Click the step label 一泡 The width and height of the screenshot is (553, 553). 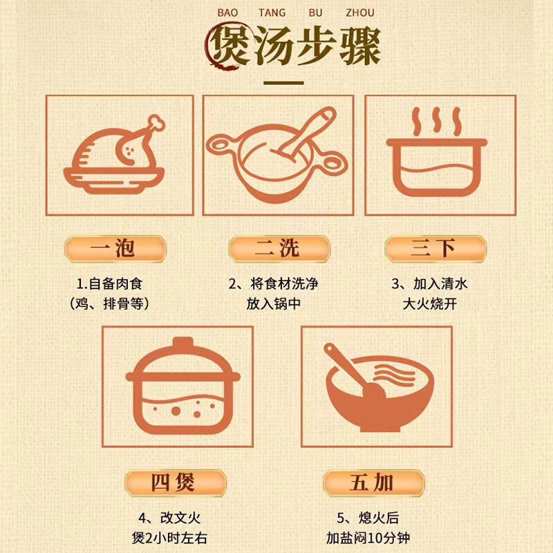114,248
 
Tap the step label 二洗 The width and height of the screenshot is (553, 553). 279,248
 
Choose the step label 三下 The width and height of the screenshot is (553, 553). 435,248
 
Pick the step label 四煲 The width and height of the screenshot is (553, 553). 174,482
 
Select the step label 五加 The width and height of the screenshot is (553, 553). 373,482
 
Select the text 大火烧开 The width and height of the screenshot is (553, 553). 435,303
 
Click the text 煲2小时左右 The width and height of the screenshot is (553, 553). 174,538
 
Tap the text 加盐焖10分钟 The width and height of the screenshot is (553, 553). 373,538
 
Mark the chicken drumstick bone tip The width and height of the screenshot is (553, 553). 158,124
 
